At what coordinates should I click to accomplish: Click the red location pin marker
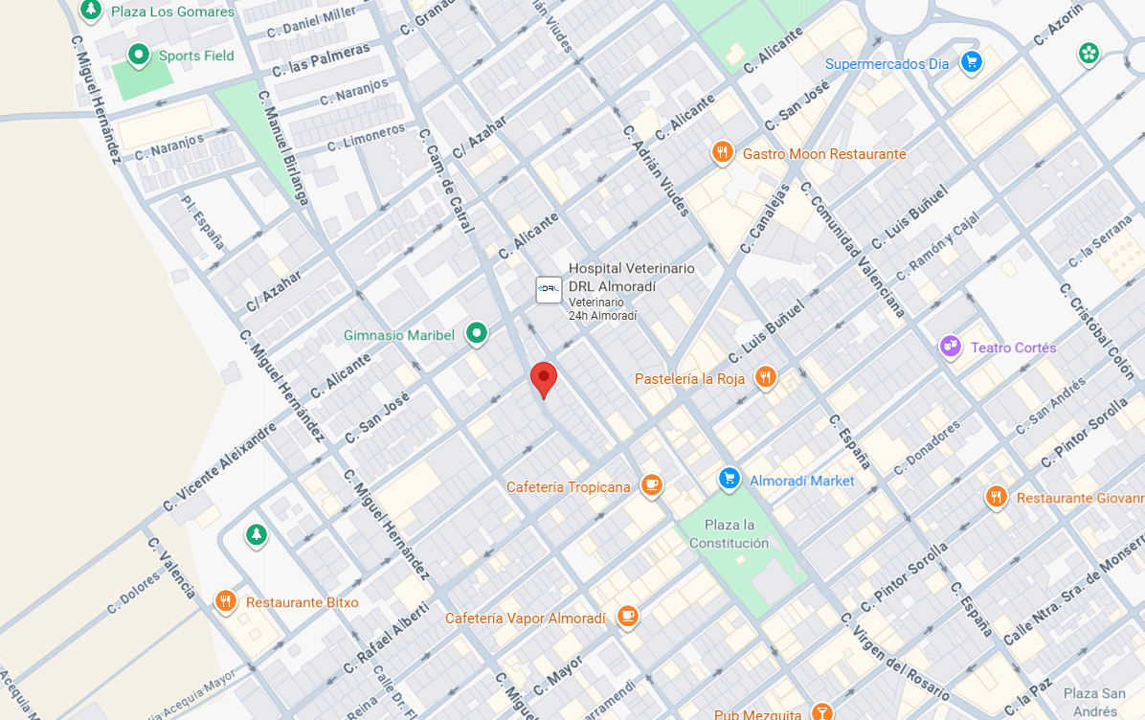pos(544,379)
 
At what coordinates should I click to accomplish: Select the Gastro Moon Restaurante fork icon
pos(723,153)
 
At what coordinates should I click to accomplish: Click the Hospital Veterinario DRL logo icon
pos(549,289)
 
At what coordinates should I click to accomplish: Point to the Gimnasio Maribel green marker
pos(476,334)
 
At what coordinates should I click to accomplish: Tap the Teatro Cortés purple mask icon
pos(950,347)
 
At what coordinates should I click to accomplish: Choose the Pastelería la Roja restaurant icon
pos(764,378)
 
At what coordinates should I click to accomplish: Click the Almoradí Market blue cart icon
pos(730,480)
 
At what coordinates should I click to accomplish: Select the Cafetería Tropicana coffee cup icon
pos(652,486)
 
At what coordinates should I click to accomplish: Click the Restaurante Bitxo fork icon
pos(226,602)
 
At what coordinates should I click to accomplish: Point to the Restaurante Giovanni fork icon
pos(997,498)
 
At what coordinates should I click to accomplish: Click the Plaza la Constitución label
pos(730,534)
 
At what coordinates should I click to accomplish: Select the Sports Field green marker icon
pos(139,56)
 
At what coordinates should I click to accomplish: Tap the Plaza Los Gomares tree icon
pos(90,11)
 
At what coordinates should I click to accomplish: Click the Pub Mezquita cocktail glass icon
pos(821,711)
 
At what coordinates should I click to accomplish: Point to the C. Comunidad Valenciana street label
pos(852,249)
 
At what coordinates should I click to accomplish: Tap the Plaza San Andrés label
pos(1093,702)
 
